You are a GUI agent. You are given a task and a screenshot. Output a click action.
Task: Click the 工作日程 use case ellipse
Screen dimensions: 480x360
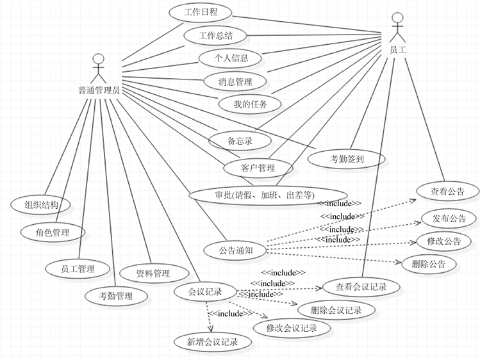pos(200,13)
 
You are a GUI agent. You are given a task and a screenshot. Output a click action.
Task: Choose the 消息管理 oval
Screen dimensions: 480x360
pos(235,81)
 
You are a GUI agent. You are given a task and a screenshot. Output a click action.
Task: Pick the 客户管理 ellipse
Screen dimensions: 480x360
pos(258,168)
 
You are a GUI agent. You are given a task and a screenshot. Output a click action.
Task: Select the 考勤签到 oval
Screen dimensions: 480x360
pos(347,158)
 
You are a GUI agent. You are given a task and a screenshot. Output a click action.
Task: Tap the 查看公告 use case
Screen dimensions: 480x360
pos(447,191)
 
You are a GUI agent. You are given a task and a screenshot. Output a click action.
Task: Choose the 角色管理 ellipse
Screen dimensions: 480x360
pos(54,232)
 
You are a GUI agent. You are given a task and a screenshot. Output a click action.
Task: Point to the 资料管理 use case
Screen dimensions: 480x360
pos(153,274)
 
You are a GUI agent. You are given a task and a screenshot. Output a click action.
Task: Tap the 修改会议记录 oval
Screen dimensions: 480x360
pos(292,328)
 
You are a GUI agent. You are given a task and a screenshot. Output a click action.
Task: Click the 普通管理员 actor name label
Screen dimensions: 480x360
pos(97,90)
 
